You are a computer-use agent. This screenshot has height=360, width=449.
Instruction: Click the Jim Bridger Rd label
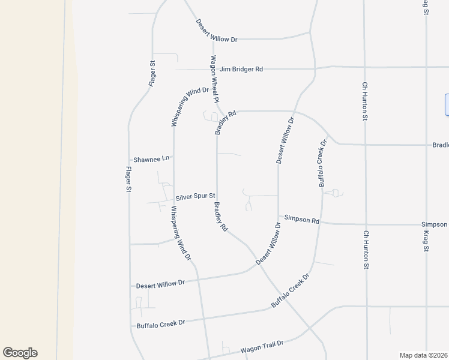pos(241,69)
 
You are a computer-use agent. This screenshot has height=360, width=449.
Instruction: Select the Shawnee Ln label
pos(152,158)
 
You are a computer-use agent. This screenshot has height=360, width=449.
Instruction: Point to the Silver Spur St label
pos(196,197)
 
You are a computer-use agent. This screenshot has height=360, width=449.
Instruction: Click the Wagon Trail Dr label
pos(261,346)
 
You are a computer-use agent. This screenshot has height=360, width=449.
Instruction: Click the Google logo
pos(20,353)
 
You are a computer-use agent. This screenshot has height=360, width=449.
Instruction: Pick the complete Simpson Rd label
pos(301,220)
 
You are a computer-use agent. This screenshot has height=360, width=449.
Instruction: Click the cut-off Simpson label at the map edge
pos(435,224)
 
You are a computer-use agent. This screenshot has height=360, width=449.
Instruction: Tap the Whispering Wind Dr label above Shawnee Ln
pos(189,107)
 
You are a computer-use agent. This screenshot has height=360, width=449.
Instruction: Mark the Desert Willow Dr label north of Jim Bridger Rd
pos(217,31)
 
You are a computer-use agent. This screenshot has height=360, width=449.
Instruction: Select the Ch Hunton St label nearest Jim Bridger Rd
pos(364,101)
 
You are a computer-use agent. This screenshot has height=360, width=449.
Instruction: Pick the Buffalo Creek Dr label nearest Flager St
pos(161,323)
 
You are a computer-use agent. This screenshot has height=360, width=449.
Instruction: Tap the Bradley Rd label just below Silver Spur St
pos(221,217)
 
